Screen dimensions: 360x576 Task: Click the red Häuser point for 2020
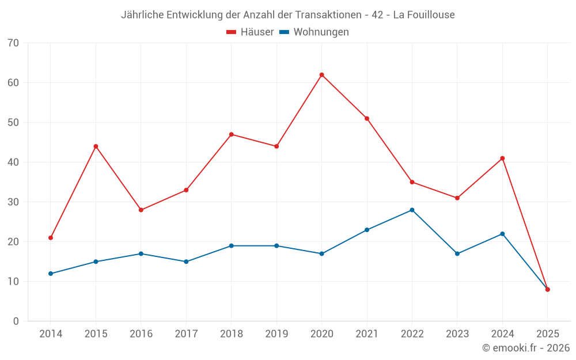point(321,75)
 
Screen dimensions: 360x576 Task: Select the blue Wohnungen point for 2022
point(412,210)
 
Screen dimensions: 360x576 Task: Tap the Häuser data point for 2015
point(96,146)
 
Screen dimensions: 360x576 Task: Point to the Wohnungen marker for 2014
point(51,274)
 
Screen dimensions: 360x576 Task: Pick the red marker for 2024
point(502,158)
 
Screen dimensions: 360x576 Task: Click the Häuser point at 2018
point(231,134)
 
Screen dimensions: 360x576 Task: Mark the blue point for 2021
point(367,230)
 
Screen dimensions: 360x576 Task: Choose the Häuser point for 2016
point(141,210)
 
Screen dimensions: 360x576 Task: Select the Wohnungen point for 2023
point(457,253)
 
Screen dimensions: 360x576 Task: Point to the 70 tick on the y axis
point(13,43)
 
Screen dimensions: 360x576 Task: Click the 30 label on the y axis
point(13,202)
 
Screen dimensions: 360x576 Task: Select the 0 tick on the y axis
point(16,321)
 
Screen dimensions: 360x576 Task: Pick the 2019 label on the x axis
point(276,334)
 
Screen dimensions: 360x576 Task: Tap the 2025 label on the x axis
point(547,334)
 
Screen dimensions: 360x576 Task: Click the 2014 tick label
point(51,334)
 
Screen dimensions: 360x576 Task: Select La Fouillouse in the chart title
point(424,14)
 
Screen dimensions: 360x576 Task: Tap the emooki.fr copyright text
point(526,348)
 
